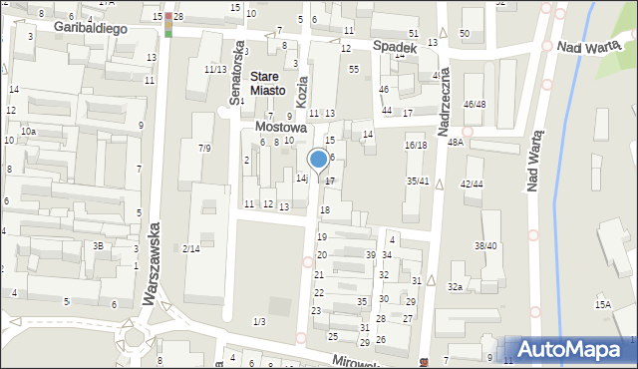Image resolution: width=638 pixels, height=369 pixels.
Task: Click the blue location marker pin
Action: tap(318, 160)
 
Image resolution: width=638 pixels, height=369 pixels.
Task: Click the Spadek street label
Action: tap(394, 46)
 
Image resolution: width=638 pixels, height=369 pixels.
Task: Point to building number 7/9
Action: tap(204, 148)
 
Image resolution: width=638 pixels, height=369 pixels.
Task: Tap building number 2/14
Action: tap(191, 248)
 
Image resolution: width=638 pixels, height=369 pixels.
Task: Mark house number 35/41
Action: tap(418, 181)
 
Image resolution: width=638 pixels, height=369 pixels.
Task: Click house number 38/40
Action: tap(485, 245)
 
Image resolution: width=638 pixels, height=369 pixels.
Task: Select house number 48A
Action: tap(456, 143)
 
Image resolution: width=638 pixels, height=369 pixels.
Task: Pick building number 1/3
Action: tap(259, 320)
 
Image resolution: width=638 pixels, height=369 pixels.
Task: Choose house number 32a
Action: tap(455, 287)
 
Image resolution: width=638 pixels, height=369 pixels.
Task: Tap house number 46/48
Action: tap(475, 104)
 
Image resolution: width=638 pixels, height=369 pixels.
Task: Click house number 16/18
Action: tap(416, 145)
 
